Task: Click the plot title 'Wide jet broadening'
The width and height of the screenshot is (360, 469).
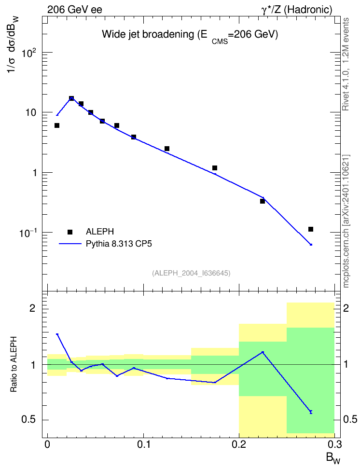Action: [148, 34]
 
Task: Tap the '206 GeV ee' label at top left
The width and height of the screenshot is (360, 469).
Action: [74, 10]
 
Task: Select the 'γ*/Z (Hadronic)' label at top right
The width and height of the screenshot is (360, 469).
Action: [297, 10]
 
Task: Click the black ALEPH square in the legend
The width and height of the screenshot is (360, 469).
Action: [70, 232]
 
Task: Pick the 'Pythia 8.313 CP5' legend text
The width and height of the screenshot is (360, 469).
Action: [119, 244]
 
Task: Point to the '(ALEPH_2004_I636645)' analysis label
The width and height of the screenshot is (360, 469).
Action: [191, 273]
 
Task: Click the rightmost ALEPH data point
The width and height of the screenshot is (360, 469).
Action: [311, 229]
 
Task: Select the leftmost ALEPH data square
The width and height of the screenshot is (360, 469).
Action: [57, 125]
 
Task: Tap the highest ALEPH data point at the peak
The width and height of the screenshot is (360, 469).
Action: [71, 98]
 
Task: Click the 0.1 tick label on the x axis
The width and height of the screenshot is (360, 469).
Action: [143, 444]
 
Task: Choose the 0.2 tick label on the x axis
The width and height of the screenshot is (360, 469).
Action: [239, 444]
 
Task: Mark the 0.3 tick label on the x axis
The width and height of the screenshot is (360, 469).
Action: [334, 444]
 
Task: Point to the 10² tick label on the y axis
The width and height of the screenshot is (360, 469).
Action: [29, 53]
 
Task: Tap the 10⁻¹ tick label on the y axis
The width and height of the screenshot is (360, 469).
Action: [28, 233]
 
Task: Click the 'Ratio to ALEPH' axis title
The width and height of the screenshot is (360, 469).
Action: [14, 364]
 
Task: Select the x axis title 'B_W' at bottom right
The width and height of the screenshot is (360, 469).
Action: [333, 458]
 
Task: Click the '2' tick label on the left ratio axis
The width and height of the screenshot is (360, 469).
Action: [32, 308]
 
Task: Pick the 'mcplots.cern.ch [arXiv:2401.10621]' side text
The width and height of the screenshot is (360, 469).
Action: [346, 221]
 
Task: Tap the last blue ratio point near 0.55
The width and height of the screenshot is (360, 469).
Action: [311, 412]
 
